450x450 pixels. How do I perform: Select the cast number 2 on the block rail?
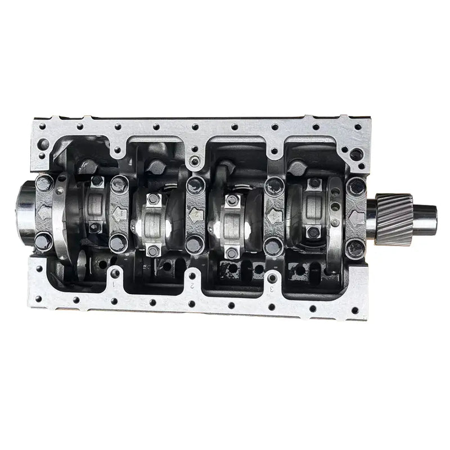(192, 285)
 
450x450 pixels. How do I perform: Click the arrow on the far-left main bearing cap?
(45, 213)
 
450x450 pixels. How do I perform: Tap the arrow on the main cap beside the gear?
(356, 216)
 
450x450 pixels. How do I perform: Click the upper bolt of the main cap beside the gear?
(356, 186)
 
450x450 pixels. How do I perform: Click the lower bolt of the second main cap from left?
(118, 243)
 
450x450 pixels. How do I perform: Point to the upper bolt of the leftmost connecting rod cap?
(97, 182)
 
